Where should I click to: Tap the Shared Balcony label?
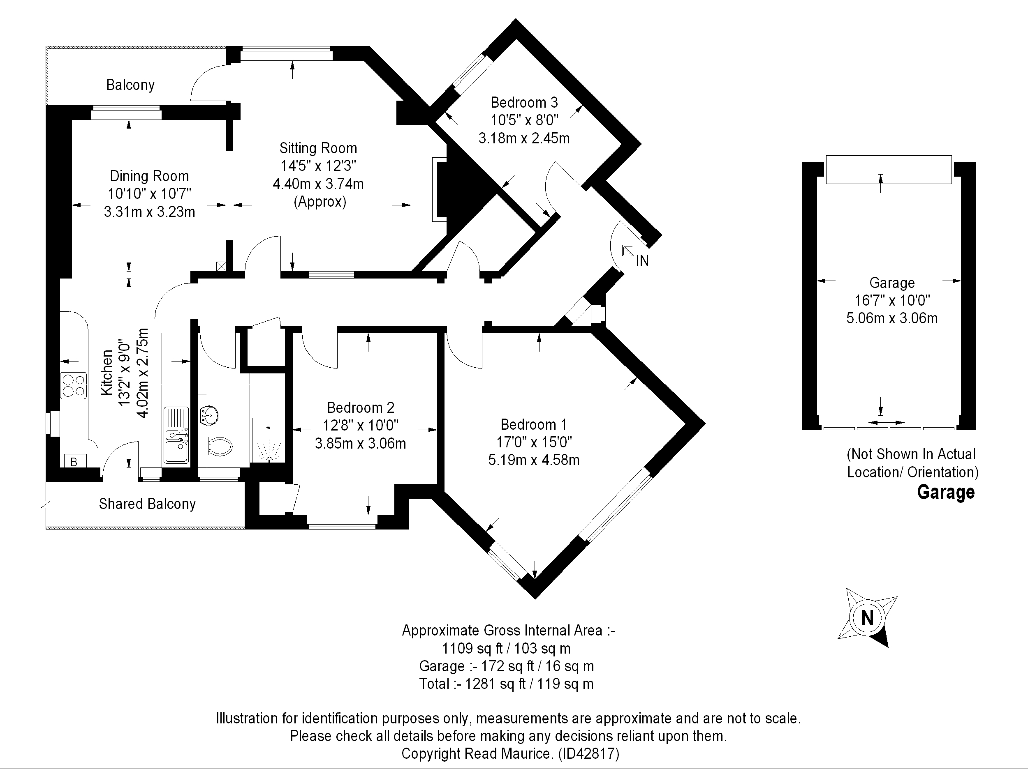(147, 504)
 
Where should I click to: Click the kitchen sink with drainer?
(176, 435)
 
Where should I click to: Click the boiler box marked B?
(75, 460)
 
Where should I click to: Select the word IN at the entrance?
(642, 261)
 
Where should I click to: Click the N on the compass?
(867, 618)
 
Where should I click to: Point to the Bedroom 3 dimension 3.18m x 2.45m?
(524, 138)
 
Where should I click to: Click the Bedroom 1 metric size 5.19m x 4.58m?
(533, 460)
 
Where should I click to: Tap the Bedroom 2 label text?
(361, 408)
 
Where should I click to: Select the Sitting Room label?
(318, 148)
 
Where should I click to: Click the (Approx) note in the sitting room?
(320, 202)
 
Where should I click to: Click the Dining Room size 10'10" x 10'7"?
(150, 193)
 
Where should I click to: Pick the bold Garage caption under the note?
(946, 492)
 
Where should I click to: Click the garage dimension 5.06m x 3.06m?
(892, 318)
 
